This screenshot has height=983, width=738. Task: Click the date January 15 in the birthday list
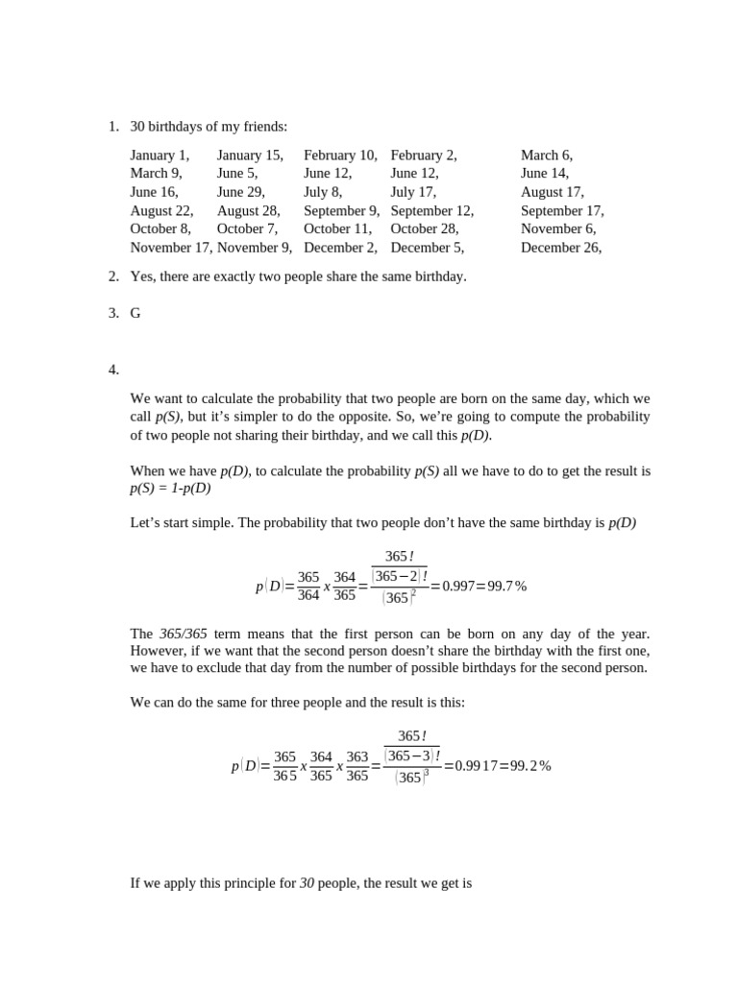tap(250, 155)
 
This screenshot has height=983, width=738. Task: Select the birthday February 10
tap(340, 155)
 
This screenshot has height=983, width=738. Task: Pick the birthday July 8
tap(323, 192)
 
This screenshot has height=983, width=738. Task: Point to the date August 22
tap(161, 210)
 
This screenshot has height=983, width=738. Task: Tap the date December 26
tap(561, 247)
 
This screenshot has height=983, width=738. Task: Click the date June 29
tap(240, 192)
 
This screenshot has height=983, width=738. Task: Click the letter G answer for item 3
tap(135, 313)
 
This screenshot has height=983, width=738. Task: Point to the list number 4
tap(113, 369)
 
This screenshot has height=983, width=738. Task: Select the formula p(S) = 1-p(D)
tap(170, 488)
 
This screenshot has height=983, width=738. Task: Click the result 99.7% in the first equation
tap(505, 586)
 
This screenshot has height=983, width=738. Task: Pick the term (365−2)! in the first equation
tap(399, 576)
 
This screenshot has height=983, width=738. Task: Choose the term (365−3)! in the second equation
tap(411, 755)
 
